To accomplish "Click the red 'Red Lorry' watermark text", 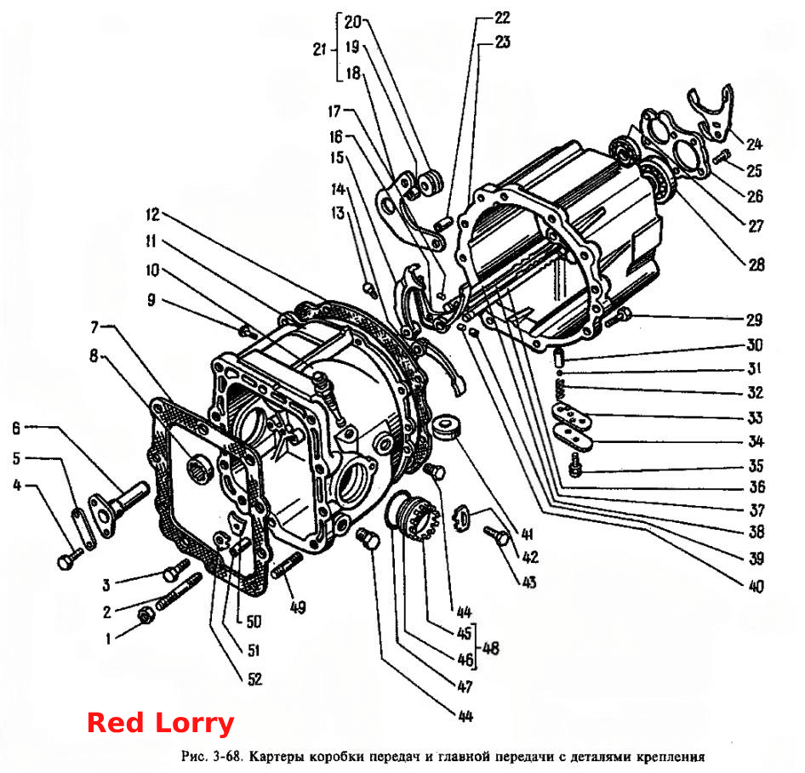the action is pos(161,723).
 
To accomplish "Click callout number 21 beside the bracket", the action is pos(320,49).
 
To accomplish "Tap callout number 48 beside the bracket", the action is pos(491,648).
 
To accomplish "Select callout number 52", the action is pos(254,679).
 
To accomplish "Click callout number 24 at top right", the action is pos(754,144).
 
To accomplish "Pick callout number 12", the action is pos(152,214).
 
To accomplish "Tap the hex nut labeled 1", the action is pos(146,615).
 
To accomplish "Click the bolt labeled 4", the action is pos(69,559).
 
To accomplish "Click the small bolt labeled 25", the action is pos(722,156).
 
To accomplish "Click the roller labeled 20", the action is pos(431,183).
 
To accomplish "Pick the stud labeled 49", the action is pos(288,567).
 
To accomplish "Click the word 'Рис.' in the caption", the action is pos(193,755).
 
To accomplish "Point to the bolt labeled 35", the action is pos(575,463).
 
